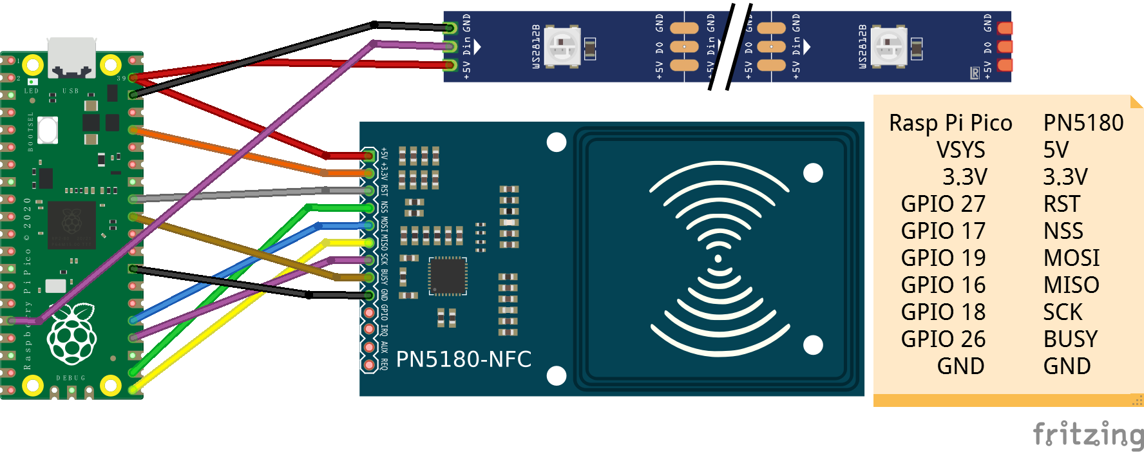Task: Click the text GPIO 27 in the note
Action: click(943, 204)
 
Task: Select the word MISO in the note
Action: click(1071, 285)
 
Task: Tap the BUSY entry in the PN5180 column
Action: click(1070, 339)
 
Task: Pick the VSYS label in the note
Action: click(960, 150)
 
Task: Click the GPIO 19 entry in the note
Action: click(943, 258)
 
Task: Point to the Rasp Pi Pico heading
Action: click(950, 123)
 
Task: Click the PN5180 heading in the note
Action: click(1083, 123)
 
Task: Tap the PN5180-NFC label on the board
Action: click(464, 359)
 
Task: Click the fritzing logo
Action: click(1088, 434)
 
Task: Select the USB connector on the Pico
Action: click(71, 56)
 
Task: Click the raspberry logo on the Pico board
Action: click(72, 336)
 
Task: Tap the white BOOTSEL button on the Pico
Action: click(48, 130)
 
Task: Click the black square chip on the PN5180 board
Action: click(448, 276)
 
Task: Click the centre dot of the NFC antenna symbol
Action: click(718, 259)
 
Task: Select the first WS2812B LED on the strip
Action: click(562, 46)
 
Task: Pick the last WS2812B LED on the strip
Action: click(889, 46)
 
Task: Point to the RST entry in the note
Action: click(1061, 204)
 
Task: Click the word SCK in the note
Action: click(1063, 312)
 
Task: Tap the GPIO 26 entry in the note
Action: click(943, 339)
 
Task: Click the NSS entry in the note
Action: click(1063, 231)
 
